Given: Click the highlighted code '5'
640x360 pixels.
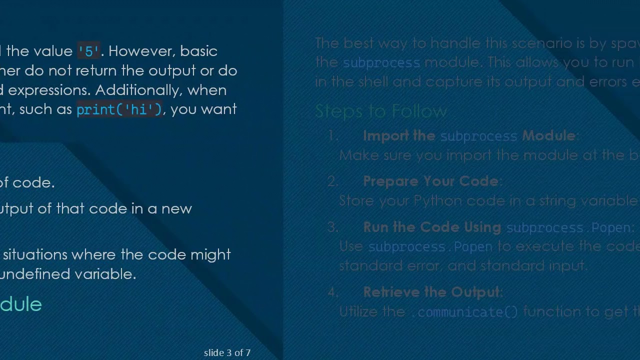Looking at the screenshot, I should [89, 51].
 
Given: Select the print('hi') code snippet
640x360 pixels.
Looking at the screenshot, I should [119, 109].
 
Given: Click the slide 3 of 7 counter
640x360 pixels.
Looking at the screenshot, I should [227, 352].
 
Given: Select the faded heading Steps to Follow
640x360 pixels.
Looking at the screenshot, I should [381, 111].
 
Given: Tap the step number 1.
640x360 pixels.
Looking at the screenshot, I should [333, 136].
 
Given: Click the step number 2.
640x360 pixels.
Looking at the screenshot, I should [333, 181].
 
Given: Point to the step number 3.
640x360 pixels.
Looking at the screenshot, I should [333, 227].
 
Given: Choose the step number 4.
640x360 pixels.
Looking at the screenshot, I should [333, 292].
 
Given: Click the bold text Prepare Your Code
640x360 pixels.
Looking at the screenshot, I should [430, 181].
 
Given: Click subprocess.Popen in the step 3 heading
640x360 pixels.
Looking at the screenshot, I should [568, 227].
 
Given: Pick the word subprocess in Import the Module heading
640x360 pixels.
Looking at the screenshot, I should [478, 136].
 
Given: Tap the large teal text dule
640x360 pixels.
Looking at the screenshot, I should [20, 304].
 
